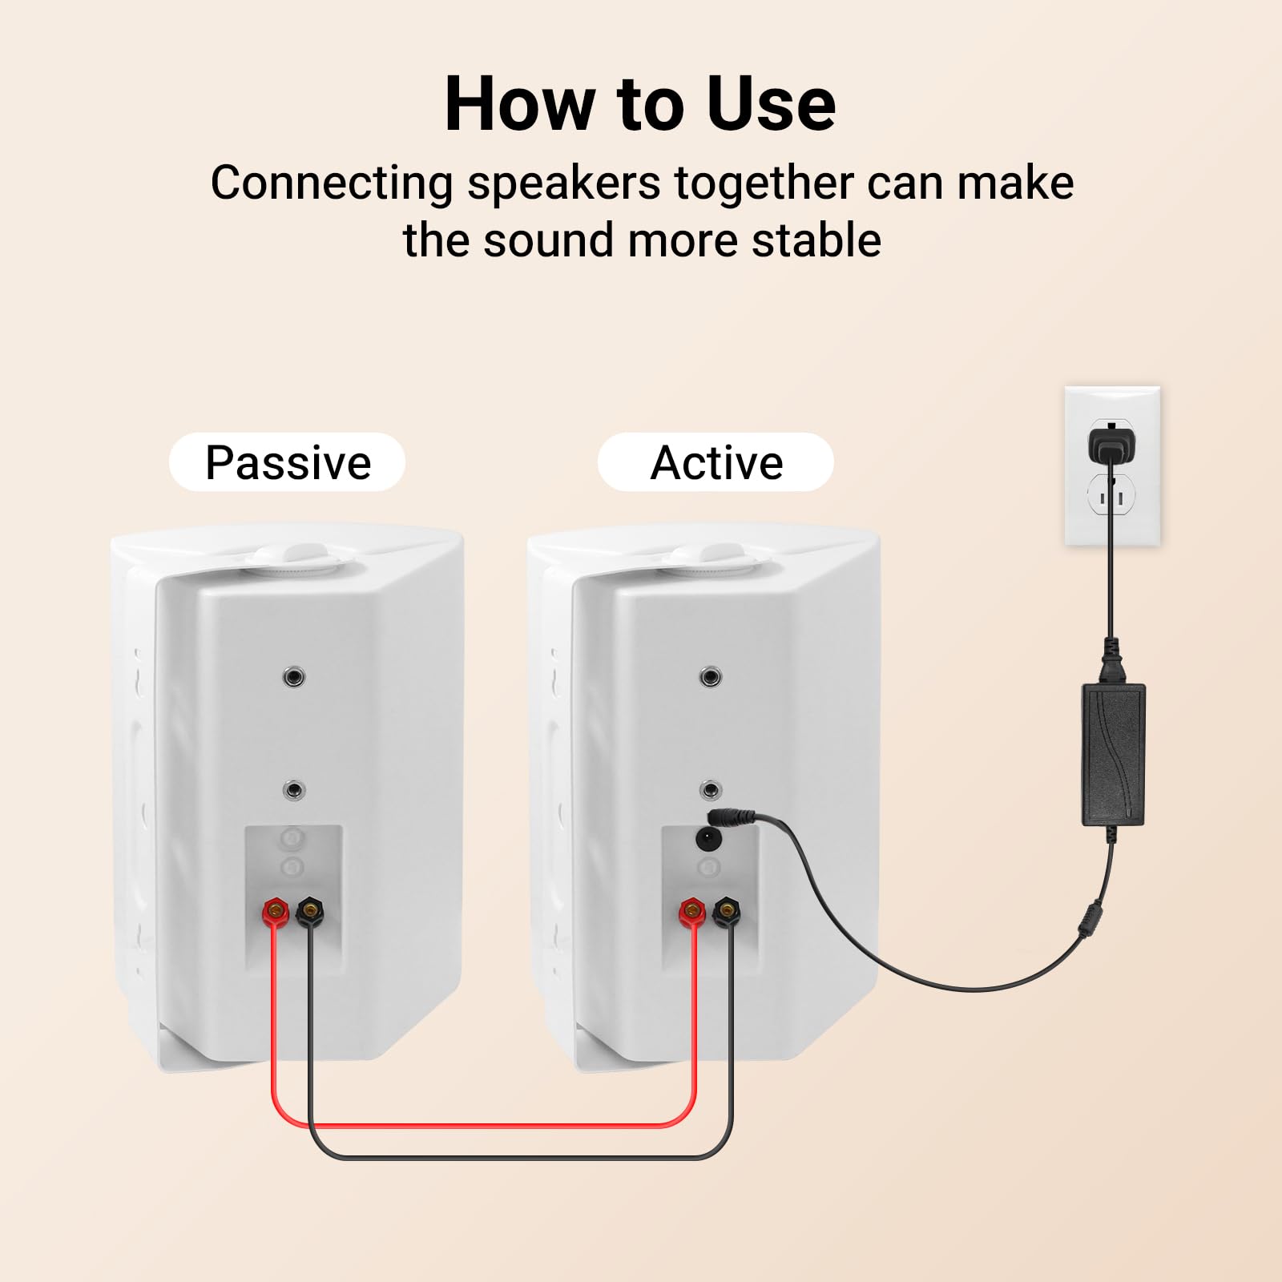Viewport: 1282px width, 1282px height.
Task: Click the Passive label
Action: click(288, 462)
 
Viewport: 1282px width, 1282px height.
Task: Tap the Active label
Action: click(716, 462)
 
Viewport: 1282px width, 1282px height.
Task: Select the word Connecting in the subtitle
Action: click(332, 184)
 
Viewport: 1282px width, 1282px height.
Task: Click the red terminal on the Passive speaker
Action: click(276, 911)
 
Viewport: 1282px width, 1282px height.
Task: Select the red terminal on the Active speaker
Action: click(692, 911)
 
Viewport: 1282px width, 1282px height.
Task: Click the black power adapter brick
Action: click(1114, 754)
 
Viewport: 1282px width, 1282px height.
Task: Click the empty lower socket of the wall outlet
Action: click(1111, 498)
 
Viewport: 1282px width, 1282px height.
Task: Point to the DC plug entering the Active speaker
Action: click(733, 819)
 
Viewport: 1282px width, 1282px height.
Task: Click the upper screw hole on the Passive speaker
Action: click(294, 678)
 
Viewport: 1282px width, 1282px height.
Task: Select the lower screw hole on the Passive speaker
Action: click(294, 791)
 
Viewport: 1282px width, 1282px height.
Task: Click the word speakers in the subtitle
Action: click(563, 184)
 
